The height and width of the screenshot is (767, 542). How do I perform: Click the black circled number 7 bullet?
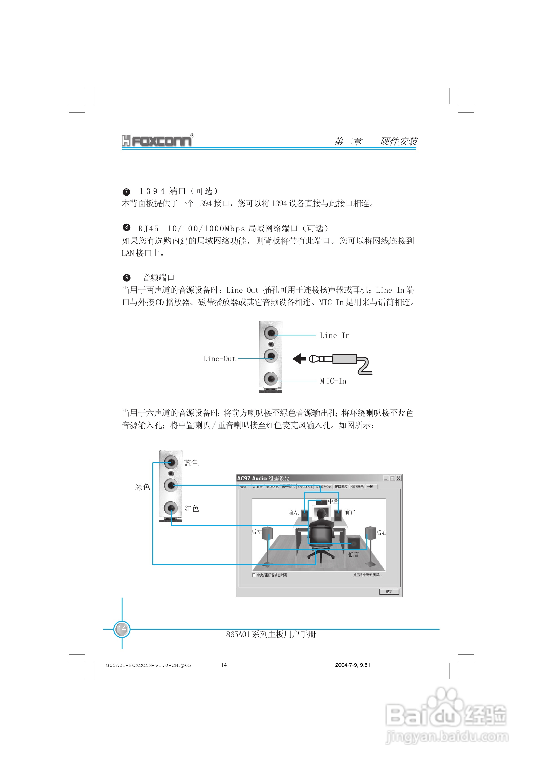tap(126, 192)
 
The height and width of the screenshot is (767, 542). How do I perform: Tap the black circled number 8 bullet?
tap(126, 227)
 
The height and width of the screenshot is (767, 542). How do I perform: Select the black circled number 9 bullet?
tap(126, 278)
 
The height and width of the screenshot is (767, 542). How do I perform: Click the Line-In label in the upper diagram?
tap(335, 335)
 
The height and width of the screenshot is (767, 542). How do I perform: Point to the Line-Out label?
tap(219, 359)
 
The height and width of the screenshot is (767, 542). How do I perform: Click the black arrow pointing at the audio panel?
tap(299, 359)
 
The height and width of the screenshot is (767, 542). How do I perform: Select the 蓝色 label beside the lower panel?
tap(191, 463)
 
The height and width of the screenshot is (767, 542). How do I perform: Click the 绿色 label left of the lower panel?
tap(142, 487)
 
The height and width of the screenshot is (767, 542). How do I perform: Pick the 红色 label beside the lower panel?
tap(192, 509)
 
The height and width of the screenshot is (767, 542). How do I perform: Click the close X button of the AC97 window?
tap(398, 478)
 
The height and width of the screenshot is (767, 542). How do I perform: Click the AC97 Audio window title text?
tap(263, 478)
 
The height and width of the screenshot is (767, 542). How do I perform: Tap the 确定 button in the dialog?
tap(389, 592)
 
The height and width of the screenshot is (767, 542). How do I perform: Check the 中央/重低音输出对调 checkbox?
tap(254, 575)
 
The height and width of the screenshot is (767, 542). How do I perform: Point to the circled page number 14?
tap(122, 629)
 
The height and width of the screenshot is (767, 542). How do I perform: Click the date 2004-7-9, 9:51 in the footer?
tap(353, 665)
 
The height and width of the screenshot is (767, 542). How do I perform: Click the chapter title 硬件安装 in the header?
tap(399, 141)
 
